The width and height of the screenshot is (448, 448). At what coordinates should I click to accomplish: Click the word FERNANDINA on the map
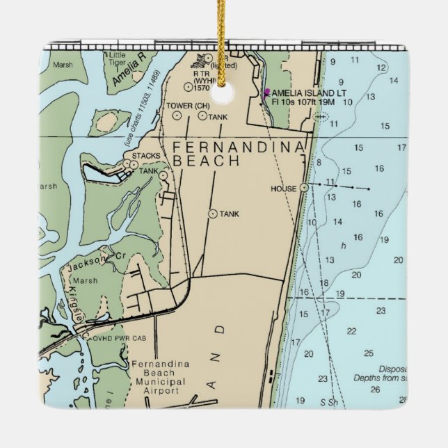point(239,147)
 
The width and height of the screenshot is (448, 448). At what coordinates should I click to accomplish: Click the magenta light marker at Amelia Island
point(266,92)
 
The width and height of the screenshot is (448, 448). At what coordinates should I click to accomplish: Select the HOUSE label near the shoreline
point(284,189)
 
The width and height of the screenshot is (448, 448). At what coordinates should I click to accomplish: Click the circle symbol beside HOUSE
point(304,188)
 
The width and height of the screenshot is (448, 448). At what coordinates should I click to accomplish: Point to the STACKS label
point(145,155)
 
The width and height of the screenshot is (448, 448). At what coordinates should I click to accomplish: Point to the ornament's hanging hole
point(224,95)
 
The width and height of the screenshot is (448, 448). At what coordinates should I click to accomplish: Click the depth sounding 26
point(376,390)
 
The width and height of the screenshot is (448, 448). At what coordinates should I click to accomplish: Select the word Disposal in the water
point(392,369)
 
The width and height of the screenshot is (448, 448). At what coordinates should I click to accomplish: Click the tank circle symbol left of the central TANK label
point(212,214)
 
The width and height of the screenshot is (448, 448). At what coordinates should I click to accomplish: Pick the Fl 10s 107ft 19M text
point(304,102)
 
